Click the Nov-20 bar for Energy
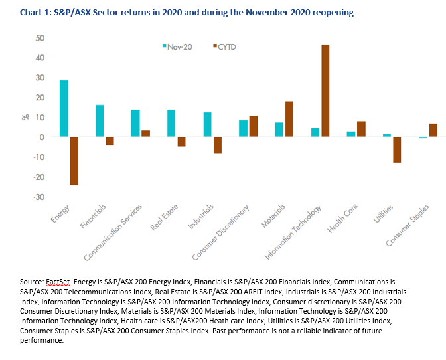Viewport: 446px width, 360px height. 64,108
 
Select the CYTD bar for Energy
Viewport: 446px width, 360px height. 74,161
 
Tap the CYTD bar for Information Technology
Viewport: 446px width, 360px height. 325,91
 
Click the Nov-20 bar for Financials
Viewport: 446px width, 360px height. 100,121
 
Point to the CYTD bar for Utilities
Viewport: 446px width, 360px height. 397,149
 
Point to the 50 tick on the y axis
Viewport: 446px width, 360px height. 40,38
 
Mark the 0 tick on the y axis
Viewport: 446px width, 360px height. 42,137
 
